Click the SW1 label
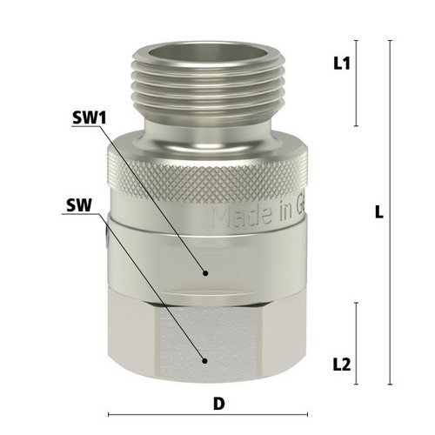(x=90, y=117)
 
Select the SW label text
(x=79, y=205)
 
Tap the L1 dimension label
(x=342, y=64)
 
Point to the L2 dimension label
(x=342, y=365)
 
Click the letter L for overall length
(x=379, y=211)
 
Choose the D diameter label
(x=219, y=404)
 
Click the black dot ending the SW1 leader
(x=205, y=273)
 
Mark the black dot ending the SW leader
(x=204, y=361)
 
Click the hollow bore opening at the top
(x=208, y=53)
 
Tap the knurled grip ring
(x=208, y=177)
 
